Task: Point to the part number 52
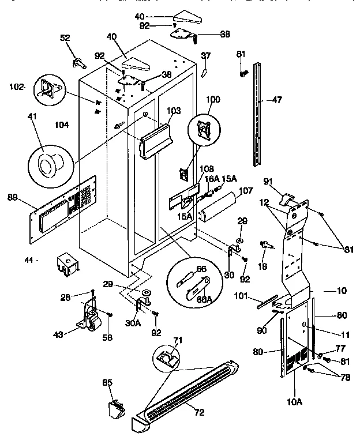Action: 65,37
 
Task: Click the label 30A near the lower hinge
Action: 133,323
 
